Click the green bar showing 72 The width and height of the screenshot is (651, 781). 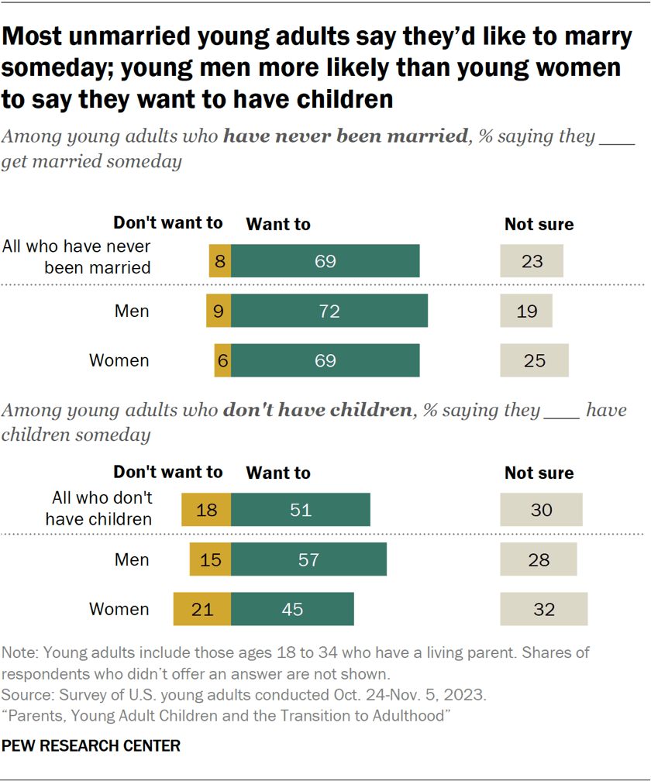click(x=329, y=311)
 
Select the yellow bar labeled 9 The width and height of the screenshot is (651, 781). click(x=219, y=311)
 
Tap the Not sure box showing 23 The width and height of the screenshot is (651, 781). click(x=532, y=261)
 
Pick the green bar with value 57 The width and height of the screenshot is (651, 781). click(x=308, y=559)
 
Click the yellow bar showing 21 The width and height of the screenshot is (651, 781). click(x=202, y=609)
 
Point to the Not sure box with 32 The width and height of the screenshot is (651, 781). click(x=544, y=609)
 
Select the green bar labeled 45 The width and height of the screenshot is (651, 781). click(x=292, y=609)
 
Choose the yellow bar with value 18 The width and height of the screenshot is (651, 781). click(x=206, y=509)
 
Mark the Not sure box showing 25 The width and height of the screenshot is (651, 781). click(x=534, y=360)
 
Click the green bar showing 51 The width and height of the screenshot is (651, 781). click(x=301, y=509)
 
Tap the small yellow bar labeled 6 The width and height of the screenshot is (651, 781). click(x=222, y=360)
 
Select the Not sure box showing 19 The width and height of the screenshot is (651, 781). click(x=526, y=311)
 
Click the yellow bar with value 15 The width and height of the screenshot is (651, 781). click(x=210, y=559)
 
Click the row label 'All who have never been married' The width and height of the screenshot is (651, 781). click(x=77, y=256)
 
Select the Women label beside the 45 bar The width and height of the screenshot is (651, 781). click(x=119, y=609)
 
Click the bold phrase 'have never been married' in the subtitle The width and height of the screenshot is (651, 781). click(x=346, y=137)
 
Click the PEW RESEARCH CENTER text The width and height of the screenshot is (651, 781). click(x=91, y=746)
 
